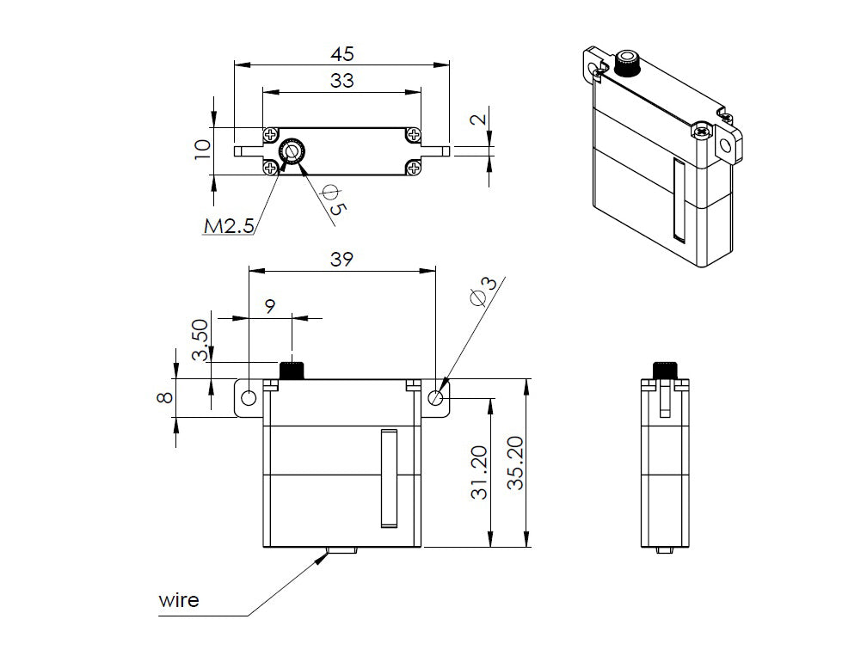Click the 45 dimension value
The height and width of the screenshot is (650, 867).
click(342, 53)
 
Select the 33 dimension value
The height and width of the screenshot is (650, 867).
click(342, 81)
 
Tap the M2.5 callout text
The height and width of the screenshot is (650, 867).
click(229, 226)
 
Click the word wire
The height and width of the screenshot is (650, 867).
click(178, 599)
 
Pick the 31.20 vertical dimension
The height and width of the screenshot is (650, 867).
click(480, 472)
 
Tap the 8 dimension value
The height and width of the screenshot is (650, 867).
click(164, 397)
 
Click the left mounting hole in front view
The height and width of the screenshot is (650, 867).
click(249, 398)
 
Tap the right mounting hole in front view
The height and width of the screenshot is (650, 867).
click(436, 397)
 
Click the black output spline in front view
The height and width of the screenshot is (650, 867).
click(293, 371)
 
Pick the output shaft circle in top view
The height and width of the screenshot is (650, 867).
click(293, 151)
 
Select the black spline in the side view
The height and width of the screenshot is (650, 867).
click(665, 371)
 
